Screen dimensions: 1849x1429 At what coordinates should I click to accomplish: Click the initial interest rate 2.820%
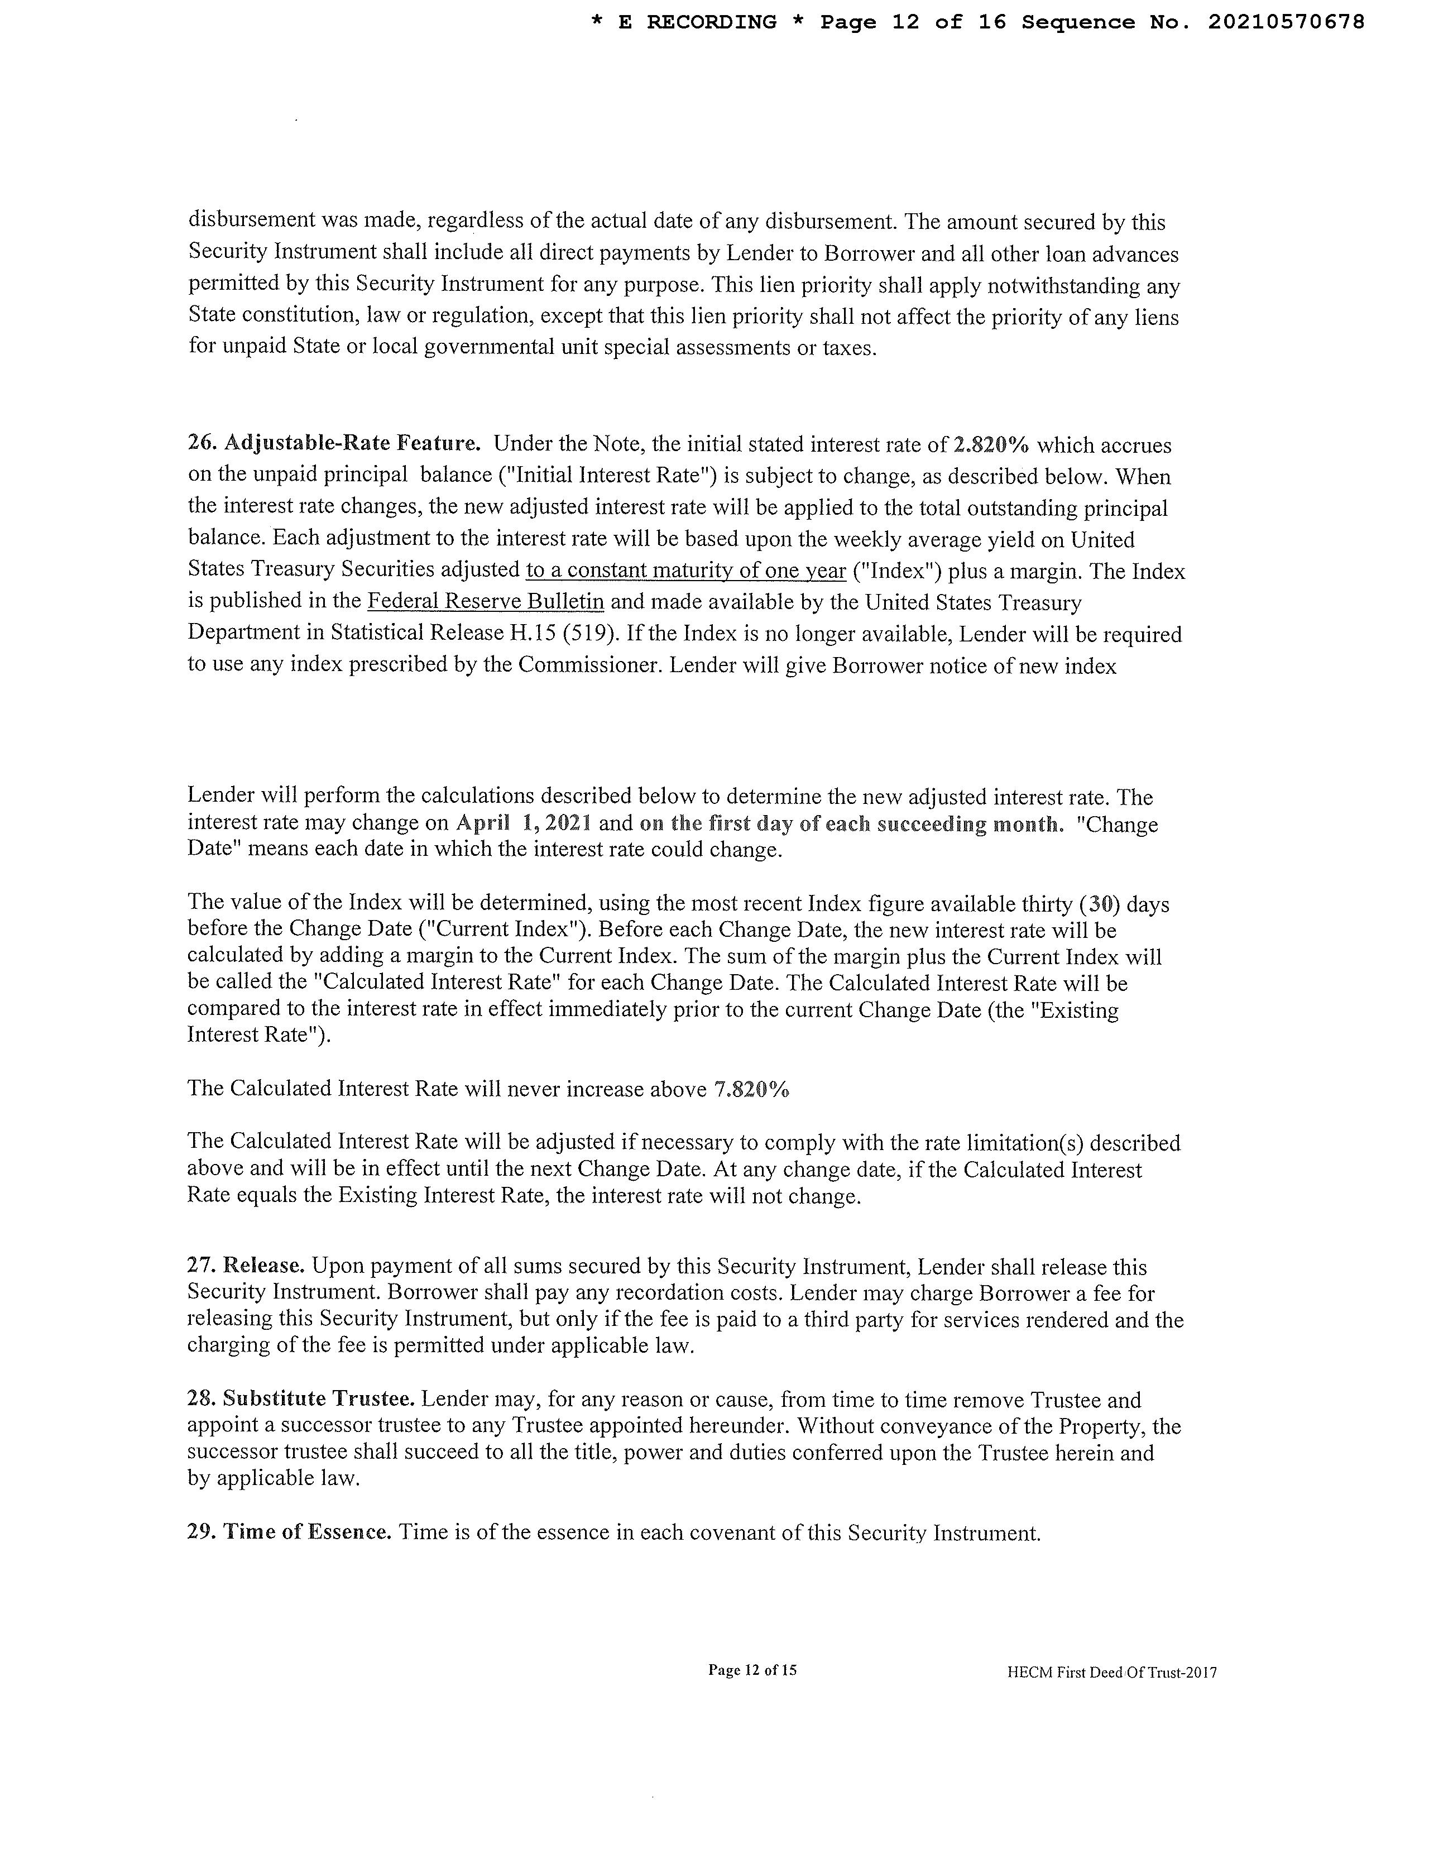pos(991,446)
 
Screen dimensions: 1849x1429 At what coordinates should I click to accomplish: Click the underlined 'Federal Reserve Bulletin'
pos(485,602)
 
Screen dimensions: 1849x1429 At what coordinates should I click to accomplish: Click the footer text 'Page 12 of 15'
pos(752,1670)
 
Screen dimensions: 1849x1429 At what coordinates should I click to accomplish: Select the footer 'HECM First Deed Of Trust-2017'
pos(1111,1672)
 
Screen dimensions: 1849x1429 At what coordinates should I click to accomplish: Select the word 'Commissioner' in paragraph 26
pos(588,665)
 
